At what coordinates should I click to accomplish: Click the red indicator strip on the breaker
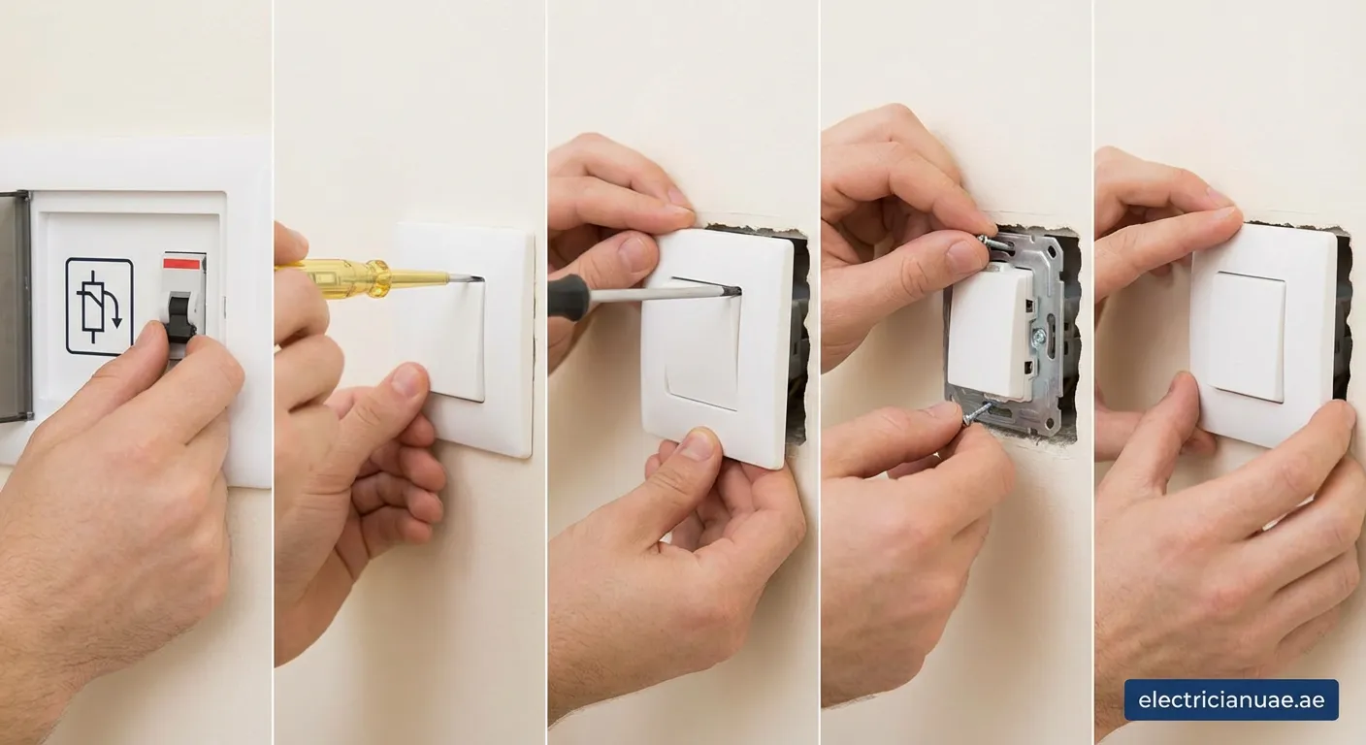click(x=183, y=263)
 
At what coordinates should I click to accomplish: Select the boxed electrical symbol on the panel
click(x=99, y=306)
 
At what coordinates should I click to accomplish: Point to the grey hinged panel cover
click(x=15, y=307)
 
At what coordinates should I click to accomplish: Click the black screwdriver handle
click(x=569, y=297)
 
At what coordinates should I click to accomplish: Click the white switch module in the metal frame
click(x=991, y=331)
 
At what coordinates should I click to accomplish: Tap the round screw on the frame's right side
click(x=1039, y=335)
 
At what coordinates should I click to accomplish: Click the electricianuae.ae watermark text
click(x=1231, y=699)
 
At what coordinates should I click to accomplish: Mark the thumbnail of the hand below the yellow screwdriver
click(x=408, y=379)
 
